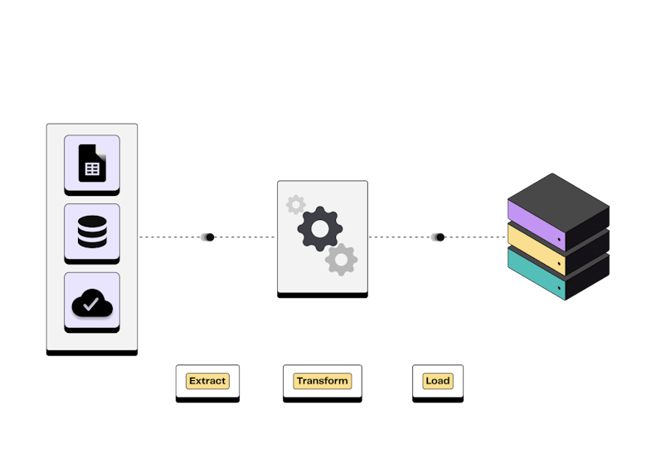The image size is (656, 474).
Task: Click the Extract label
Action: tap(207, 381)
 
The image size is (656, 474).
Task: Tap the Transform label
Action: tap(323, 381)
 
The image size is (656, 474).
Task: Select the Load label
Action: tap(437, 381)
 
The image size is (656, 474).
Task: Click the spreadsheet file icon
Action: tap(92, 163)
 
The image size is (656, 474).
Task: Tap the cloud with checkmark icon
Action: tap(92, 304)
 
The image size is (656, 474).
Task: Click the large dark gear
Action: tap(320, 229)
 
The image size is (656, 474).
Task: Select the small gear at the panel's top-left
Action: tap(295, 204)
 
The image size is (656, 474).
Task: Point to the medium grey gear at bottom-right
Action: tap(341, 260)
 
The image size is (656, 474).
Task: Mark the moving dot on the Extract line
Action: tap(209, 237)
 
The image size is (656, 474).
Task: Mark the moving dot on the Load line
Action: tap(440, 237)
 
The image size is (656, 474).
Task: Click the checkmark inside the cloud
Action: tap(91, 305)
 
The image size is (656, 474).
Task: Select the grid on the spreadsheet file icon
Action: tap(92, 169)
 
